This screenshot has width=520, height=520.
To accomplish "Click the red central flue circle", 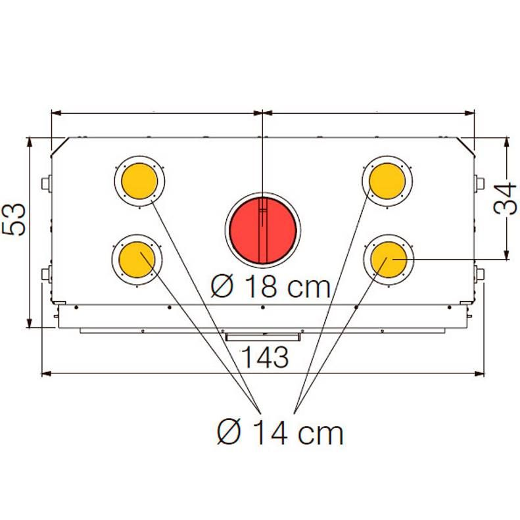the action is pos(263,231).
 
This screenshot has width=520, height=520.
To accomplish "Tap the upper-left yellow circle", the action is pos(139,181).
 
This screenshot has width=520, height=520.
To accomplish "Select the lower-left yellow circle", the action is pos(137,260).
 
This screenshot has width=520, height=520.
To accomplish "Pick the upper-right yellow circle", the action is pos(387,181).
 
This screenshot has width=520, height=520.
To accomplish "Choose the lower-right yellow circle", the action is pos(389,260).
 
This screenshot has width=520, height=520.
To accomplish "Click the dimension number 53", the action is pos(14,219).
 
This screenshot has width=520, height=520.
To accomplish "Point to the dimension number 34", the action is pos(505,199).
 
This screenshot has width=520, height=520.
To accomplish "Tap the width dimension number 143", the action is pos(266,357).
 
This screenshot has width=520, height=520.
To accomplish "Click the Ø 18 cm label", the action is pos(271,287).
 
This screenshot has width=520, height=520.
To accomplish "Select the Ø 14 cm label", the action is pos(280,433).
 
